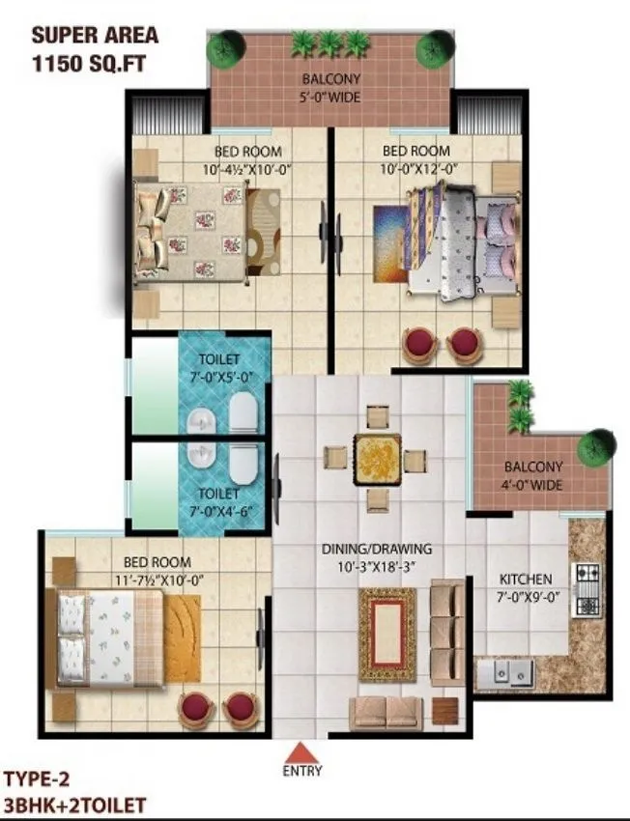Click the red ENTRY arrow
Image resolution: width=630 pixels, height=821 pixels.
click(302, 750)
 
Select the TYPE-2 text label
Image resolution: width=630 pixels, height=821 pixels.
click(37, 778)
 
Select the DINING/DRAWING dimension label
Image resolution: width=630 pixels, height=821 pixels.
click(377, 557)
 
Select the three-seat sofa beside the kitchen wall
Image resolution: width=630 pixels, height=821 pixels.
click(445, 632)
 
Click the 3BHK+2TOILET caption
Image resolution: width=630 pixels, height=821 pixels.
click(74, 804)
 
